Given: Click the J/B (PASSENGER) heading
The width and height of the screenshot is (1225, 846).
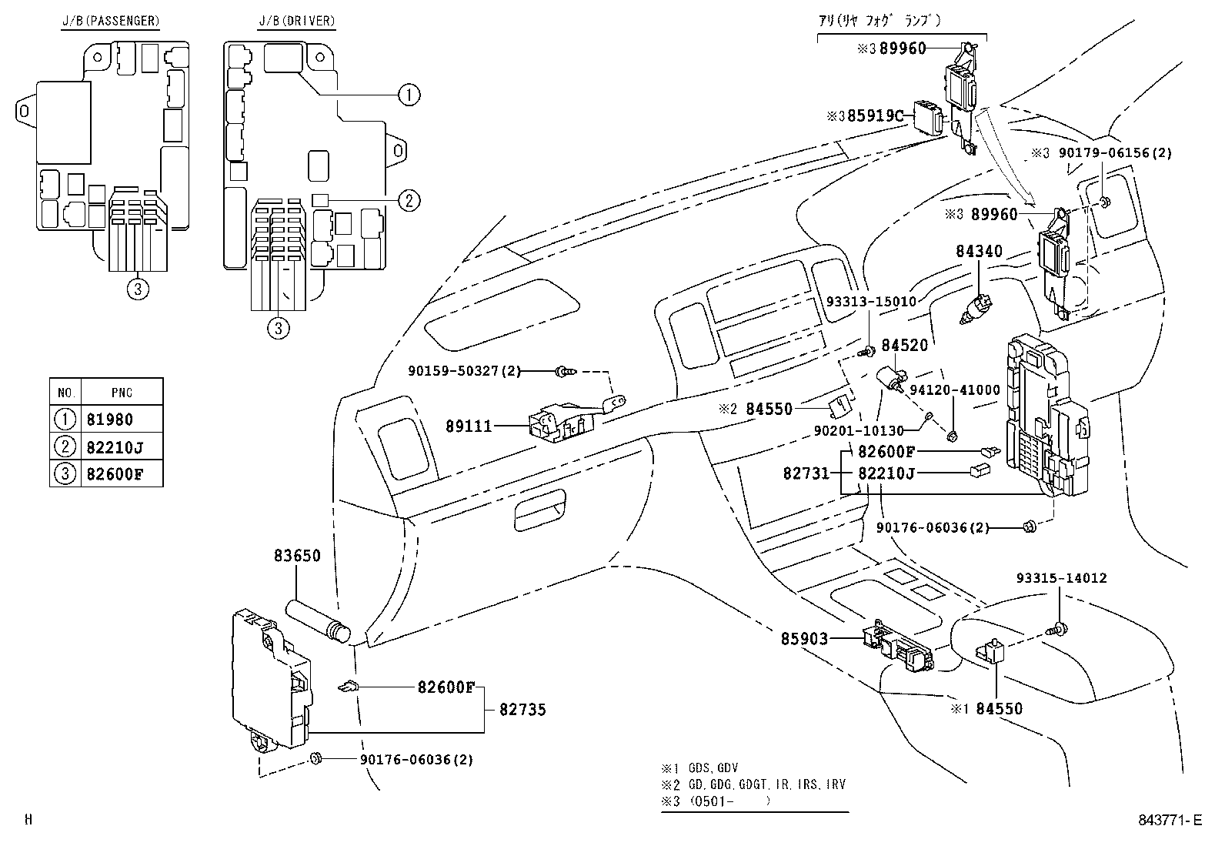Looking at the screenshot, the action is (x=111, y=21).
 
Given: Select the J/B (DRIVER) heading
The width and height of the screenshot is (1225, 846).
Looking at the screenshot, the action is (x=296, y=21).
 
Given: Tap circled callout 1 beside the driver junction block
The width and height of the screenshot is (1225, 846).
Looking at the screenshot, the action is (x=409, y=95).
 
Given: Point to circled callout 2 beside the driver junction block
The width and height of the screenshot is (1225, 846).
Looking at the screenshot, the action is (x=409, y=200).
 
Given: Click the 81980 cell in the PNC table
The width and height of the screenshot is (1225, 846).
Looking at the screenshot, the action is (x=110, y=420).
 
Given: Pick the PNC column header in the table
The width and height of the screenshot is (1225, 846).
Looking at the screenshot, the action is (x=122, y=393).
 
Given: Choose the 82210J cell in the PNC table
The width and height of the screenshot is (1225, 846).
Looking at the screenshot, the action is (x=115, y=447).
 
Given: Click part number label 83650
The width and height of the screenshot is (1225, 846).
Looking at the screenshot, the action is (x=297, y=556).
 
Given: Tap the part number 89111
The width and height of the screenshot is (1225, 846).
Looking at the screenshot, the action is (x=469, y=426).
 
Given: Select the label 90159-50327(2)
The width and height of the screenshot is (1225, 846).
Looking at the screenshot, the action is (x=464, y=371).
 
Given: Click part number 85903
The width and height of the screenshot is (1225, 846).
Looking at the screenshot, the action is (x=804, y=639).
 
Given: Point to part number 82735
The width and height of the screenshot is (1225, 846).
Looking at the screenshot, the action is (x=522, y=710).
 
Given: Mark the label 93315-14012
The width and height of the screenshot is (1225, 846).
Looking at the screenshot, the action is (x=1061, y=578).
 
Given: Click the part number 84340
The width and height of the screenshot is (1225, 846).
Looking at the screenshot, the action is (x=979, y=251).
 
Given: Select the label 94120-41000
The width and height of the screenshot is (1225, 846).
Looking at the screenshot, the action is (x=954, y=390).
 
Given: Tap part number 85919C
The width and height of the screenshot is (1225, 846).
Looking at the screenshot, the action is (x=875, y=116).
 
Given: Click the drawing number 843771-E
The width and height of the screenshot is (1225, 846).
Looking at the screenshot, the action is (x=1170, y=820).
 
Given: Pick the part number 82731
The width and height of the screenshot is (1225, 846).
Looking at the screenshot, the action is (x=806, y=473).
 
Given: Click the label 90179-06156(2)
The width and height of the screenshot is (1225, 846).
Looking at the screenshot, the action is (x=1115, y=153).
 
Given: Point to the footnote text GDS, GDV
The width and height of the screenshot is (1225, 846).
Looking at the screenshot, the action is (x=713, y=768).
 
